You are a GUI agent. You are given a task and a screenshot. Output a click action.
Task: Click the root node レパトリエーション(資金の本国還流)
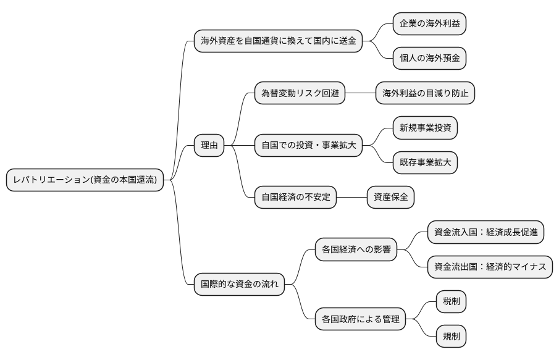coord(85,180)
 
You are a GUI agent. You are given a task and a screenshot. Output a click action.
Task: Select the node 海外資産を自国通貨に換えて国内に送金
coord(278,41)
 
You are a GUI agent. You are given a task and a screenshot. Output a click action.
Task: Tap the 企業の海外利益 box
coord(429,24)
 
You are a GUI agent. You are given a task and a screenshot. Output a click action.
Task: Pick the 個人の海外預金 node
coord(429,59)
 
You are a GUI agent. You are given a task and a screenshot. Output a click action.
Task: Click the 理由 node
coord(209,146)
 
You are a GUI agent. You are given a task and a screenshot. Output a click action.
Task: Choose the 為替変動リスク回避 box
coord(300,93)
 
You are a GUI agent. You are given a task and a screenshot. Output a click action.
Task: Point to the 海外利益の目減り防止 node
coord(426,93)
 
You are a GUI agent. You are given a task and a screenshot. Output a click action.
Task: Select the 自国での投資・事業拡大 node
coord(308,146)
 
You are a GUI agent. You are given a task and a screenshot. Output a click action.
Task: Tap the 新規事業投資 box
coord(426,128)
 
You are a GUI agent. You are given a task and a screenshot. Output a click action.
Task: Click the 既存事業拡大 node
coord(426,163)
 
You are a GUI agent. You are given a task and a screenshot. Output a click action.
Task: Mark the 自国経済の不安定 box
coord(296,198)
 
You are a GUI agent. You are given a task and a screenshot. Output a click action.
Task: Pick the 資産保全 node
coord(390,198)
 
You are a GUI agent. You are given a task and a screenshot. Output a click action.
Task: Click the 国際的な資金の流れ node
coord(239,285)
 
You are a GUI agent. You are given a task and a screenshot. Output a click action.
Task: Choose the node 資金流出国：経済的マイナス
coord(490,267)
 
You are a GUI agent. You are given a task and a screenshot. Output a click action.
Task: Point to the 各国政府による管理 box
coord(360,320)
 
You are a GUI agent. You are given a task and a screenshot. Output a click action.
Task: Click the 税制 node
coord(451,303)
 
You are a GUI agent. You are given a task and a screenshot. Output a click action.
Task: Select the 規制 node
coord(451,337)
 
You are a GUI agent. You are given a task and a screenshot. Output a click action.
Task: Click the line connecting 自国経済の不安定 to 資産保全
coord(352,198)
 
